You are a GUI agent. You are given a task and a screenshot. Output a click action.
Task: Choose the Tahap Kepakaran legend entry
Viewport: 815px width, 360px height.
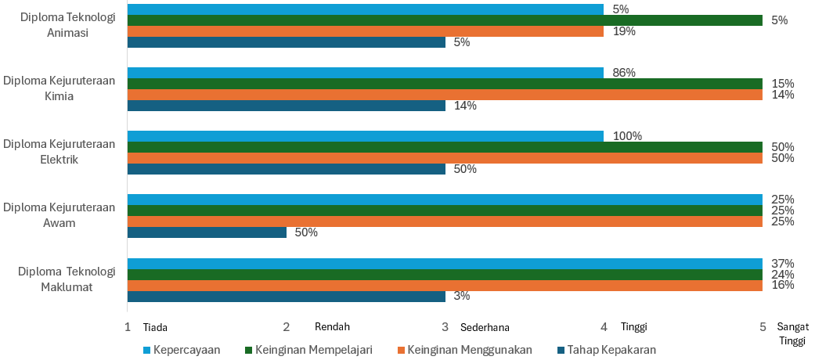(x=611, y=349)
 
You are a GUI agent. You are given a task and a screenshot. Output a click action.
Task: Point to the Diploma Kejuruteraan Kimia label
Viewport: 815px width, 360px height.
(x=59, y=89)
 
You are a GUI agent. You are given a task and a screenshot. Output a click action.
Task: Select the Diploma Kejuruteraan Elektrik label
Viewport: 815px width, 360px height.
(x=59, y=153)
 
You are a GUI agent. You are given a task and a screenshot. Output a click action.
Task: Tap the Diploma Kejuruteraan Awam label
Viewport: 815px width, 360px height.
(x=59, y=215)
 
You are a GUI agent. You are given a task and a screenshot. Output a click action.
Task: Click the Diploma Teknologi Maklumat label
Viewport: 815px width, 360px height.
(x=67, y=279)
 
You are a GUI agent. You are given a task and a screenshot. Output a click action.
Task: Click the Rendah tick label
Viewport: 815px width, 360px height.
(x=332, y=326)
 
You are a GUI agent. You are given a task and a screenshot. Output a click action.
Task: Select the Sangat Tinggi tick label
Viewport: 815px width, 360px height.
(x=792, y=333)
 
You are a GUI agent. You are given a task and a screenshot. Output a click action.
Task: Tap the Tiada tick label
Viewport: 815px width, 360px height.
(x=155, y=327)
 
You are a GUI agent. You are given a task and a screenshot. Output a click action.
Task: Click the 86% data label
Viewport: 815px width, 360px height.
(x=624, y=73)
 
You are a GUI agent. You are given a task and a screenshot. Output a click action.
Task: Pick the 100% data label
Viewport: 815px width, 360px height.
(x=627, y=136)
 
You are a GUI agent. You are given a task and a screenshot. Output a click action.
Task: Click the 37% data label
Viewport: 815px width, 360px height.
(x=783, y=263)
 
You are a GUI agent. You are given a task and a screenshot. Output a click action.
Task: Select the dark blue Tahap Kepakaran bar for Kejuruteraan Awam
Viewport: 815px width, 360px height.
(x=207, y=232)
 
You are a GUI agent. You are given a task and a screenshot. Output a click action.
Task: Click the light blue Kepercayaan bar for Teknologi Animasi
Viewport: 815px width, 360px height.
(x=365, y=9)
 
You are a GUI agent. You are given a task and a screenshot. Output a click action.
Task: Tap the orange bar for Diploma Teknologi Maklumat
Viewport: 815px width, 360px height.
(x=445, y=286)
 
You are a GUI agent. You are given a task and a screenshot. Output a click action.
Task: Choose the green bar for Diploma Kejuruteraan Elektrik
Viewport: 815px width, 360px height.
(x=445, y=147)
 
